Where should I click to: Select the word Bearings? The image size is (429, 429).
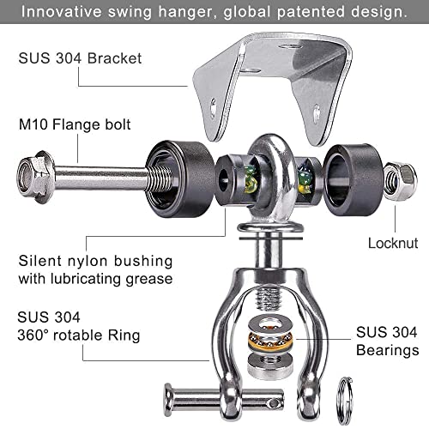[x=388, y=350]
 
